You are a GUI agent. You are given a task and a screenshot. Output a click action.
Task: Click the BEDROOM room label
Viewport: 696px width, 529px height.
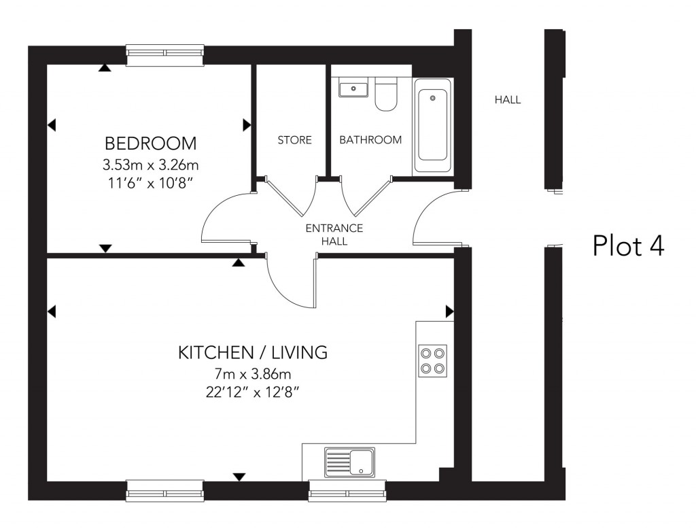(x=150, y=143)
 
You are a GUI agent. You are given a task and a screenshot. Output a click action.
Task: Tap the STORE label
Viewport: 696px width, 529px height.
(x=294, y=140)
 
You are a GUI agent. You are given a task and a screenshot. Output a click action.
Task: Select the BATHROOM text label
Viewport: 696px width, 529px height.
(x=370, y=140)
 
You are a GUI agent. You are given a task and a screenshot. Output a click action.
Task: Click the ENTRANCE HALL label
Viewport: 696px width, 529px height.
(x=334, y=234)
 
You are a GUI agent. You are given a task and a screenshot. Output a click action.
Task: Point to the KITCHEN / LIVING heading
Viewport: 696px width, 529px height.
(x=253, y=352)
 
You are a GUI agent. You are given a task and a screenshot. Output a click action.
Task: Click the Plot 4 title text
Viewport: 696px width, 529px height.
(x=627, y=245)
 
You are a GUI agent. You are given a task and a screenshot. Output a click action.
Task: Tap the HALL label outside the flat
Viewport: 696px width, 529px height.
(x=508, y=100)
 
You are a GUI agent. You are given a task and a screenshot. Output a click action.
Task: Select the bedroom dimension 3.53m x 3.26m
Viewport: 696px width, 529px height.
(x=150, y=165)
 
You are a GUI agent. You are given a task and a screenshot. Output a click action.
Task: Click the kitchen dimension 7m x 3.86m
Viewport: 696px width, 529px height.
(x=253, y=374)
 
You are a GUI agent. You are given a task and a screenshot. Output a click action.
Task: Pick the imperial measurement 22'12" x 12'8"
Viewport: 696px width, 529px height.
(x=253, y=392)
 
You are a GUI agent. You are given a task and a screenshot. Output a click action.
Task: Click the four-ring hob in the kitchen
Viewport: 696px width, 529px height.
(x=433, y=360)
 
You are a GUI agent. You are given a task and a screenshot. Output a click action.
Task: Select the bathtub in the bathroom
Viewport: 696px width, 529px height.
(x=432, y=126)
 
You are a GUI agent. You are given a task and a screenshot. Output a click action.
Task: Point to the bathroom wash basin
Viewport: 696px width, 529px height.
(x=353, y=88)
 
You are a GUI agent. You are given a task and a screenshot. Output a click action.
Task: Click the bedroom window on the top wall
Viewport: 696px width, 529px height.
(x=165, y=55)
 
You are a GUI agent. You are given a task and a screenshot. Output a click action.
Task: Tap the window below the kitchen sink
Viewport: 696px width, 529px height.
(x=347, y=490)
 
